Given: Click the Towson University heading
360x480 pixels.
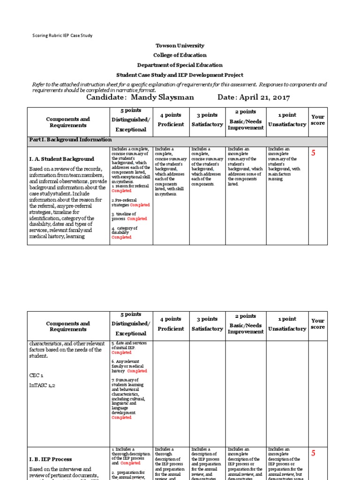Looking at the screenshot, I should click(x=180, y=45).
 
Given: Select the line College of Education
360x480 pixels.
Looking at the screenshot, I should click(x=180, y=55).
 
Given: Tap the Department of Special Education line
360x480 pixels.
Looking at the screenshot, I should click(x=180, y=65).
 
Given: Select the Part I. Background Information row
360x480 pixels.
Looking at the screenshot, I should click(x=71, y=140).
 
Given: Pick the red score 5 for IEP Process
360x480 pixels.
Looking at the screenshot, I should click(x=314, y=453).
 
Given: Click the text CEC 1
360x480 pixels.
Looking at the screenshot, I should click(x=36, y=375).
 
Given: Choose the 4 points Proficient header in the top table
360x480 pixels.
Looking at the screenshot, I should click(x=171, y=120).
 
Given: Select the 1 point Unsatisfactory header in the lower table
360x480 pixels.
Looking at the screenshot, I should click(x=287, y=324).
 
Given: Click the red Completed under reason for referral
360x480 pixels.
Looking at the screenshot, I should click(x=121, y=191).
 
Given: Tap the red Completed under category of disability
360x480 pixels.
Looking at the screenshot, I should click(x=121, y=237).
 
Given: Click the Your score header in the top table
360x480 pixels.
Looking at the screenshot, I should click(x=317, y=120).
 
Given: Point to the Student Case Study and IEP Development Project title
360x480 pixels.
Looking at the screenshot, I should click(x=180, y=75).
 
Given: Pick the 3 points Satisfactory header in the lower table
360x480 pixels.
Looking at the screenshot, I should click(x=207, y=324).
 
